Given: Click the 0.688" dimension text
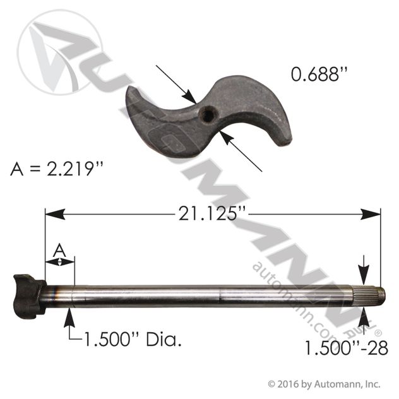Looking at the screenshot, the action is click(x=319, y=74).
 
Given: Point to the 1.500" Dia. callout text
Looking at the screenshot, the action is click(x=133, y=339).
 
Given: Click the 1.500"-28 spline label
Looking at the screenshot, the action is click(x=346, y=348).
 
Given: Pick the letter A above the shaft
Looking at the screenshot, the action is click(x=59, y=251).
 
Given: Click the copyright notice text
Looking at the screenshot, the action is click(x=325, y=384).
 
